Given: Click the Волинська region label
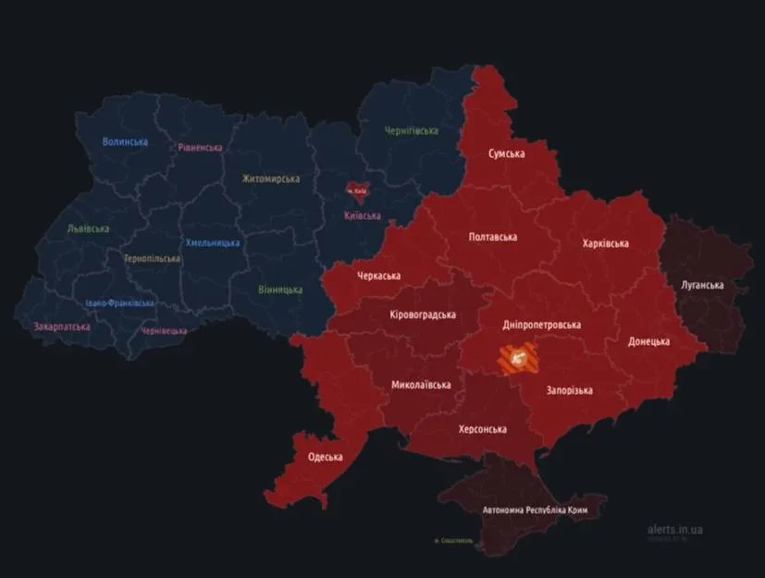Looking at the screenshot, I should (125, 142).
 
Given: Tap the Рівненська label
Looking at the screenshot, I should (200, 148).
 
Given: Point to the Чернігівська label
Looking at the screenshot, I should (411, 131).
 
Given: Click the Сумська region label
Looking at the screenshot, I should (506, 154).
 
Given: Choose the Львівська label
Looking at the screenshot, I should (88, 228).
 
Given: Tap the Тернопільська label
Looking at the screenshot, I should (153, 258).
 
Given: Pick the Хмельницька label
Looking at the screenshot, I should (212, 242).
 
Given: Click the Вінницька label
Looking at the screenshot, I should (280, 289).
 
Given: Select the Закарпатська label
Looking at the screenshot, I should (62, 326).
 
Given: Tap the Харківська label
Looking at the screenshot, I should (606, 243).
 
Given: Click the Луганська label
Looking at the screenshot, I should (702, 285).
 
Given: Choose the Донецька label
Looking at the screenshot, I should (648, 341).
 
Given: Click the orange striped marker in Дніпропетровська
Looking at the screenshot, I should (518, 357).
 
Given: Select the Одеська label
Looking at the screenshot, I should (325, 457).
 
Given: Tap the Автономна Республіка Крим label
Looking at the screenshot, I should (544, 510).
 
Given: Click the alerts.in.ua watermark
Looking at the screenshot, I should (675, 529).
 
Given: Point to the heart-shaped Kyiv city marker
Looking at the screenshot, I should (357, 190).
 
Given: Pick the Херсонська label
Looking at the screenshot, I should (482, 429).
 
